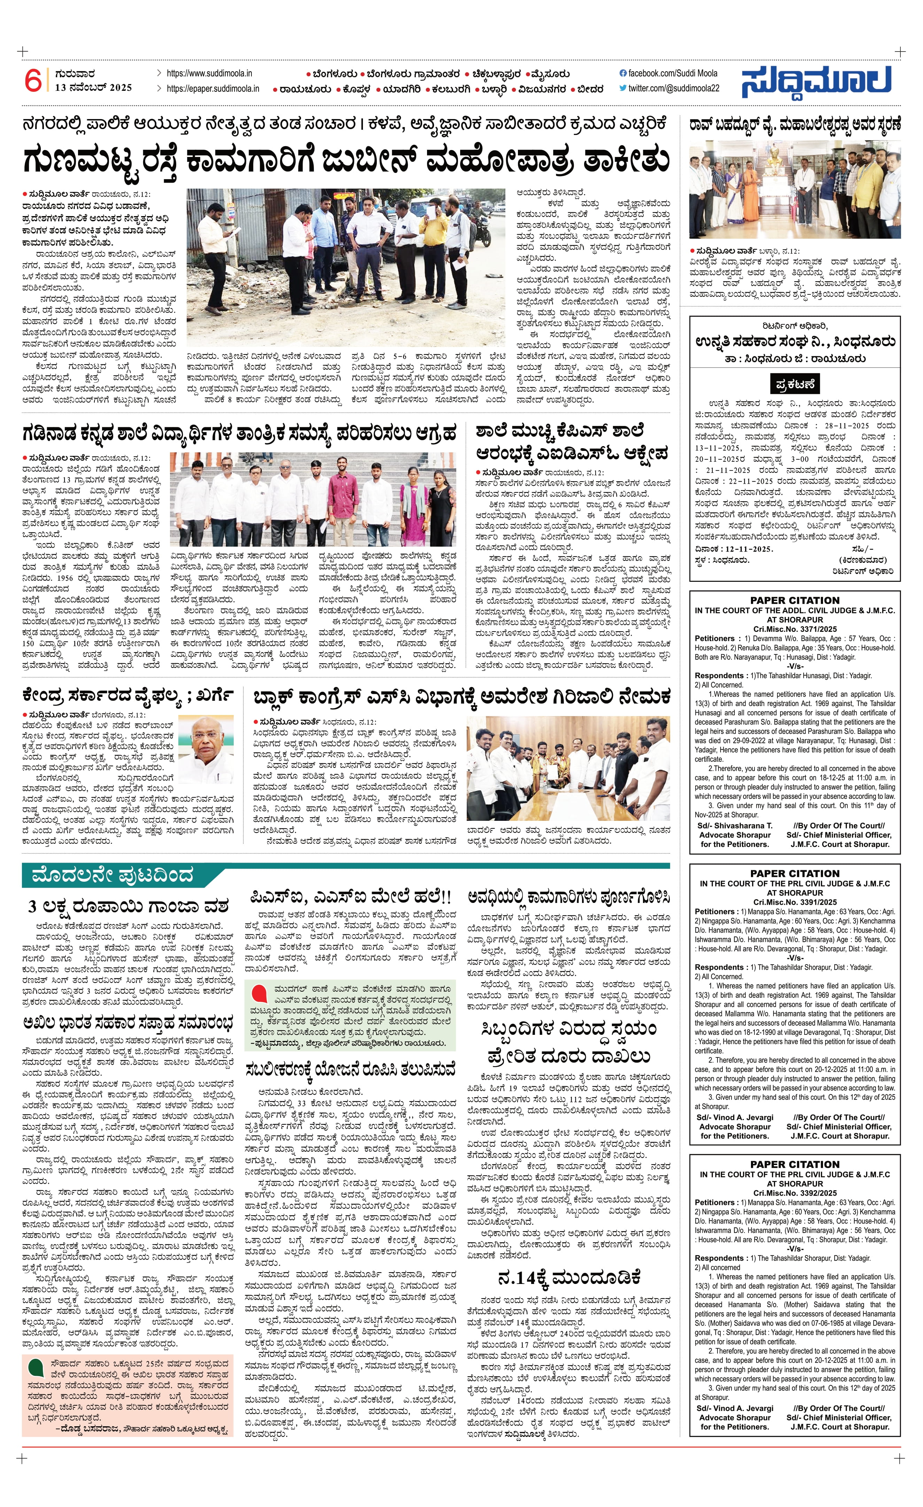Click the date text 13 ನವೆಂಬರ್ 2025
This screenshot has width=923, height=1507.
click(93, 87)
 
